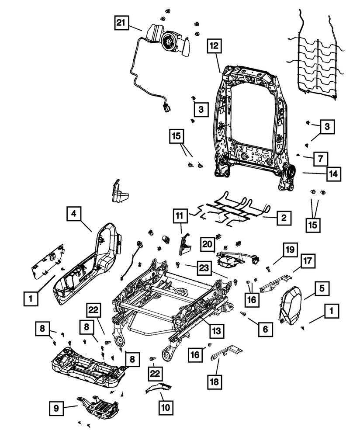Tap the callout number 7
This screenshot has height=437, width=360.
(x=320, y=159)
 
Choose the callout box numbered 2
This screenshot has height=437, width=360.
(x=284, y=217)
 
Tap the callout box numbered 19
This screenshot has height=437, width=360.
(x=290, y=250)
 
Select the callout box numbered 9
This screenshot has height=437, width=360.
(x=56, y=409)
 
